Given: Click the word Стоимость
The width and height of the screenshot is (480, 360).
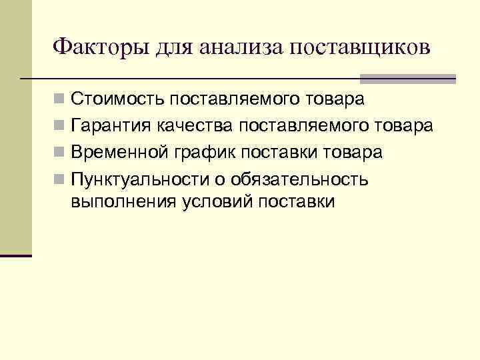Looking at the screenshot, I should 117,100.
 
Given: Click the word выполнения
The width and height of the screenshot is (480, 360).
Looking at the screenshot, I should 121,202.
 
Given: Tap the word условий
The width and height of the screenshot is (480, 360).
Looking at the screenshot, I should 213,202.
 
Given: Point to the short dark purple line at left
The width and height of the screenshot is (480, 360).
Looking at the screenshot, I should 16,255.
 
